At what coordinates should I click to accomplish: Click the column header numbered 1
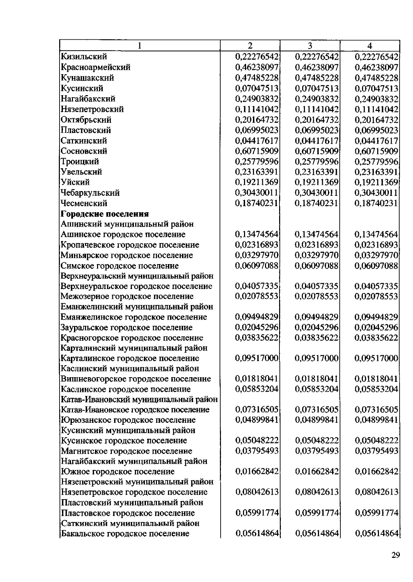[139, 46]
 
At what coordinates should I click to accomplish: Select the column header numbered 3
[310, 46]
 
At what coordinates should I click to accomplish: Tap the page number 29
[395, 555]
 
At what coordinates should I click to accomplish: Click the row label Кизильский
[84, 57]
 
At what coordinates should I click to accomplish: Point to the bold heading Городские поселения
[105, 214]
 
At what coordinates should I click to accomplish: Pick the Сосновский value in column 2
[257, 151]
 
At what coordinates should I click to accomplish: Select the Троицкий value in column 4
[376, 161]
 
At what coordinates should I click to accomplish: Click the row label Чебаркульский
[90, 193]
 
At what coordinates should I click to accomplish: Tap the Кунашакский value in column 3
[317, 78]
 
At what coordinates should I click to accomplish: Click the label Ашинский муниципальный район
[127, 224]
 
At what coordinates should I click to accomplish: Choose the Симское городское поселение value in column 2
[257, 266]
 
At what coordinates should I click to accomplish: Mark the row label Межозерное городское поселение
[127, 297]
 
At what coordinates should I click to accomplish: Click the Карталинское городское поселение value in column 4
[376, 358]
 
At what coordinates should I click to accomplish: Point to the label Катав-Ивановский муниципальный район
[139, 400]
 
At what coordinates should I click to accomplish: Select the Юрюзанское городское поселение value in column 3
[317, 420]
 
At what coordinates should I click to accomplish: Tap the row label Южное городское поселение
[118, 472]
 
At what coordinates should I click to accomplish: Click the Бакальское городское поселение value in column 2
[257, 534]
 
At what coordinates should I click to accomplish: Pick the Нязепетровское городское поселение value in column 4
[376, 492]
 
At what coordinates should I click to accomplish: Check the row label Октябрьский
[86, 120]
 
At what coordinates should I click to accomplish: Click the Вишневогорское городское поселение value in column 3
[317, 379]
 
